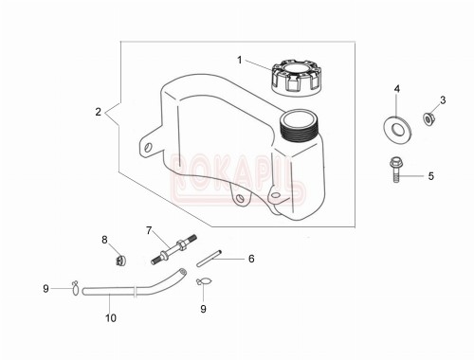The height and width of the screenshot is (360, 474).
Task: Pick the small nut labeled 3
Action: (x=428, y=118)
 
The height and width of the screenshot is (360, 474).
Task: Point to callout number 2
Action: (x=98, y=113)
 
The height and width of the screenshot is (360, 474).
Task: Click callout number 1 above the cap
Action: (x=240, y=59)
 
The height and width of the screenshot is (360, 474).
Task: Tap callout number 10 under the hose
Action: (x=111, y=318)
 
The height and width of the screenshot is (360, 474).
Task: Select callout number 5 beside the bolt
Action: (x=430, y=175)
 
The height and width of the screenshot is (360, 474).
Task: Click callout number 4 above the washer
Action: (x=397, y=89)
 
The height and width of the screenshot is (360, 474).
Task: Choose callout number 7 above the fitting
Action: (x=149, y=230)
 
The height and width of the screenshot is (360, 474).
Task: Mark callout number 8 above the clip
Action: (x=104, y=240)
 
